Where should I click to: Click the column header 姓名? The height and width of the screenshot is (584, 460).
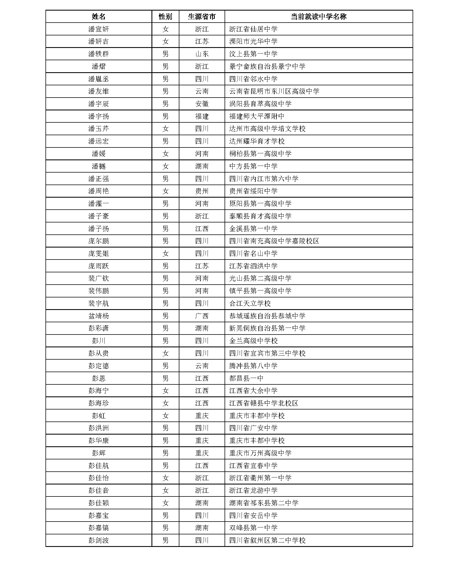pyautogui.click(x=98, y=16)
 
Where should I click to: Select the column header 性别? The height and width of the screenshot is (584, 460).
pyautogui.click(x=165, y=16)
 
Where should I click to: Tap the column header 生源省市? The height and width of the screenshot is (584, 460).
pyautogui.click(x=202, y=16)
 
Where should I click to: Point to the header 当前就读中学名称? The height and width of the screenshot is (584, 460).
pyautogui.click(x=318, y=16)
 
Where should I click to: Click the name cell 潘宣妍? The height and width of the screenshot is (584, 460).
pyautogui.click(x=98, y=29)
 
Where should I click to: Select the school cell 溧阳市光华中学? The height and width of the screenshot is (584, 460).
pyautogui.click(x=253, y=42)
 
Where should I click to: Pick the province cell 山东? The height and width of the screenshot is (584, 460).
pyautogui.click(x=202, y=54)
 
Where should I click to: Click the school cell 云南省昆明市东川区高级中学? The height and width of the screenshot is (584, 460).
pyautogui.click(x=274, y=91)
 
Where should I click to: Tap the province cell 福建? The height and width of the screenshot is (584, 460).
pyautogui.click(x=202, y=116)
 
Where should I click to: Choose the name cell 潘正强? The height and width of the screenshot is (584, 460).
pyautogui.click(x=98, y=179)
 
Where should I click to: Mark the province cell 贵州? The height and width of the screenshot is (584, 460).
pyautogui.click(x=202, y=191)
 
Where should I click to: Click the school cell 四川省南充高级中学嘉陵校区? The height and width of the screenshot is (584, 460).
pyautogui.click(x=274, y=241)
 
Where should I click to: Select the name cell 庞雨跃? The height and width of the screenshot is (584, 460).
pyautogui.click(x=98, y=266)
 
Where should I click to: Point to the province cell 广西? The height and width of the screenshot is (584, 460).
pyautogui.click(x=202, y=316)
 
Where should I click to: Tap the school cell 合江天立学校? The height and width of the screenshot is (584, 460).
pyautogui.click(x=250, y=303)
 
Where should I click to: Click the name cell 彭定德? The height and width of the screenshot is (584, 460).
pyautogui.click(x=98, y=366)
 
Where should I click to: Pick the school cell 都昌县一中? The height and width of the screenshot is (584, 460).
pyautogui.click(x=246, y=378)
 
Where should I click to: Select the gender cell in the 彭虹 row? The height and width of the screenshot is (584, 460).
pyautogui.click(x=165, y=416)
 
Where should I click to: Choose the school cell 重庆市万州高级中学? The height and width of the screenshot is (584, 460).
pyautogui.click(x=260, y=453)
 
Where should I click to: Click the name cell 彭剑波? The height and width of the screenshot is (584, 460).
pyautogui.click(x=98, y=540)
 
